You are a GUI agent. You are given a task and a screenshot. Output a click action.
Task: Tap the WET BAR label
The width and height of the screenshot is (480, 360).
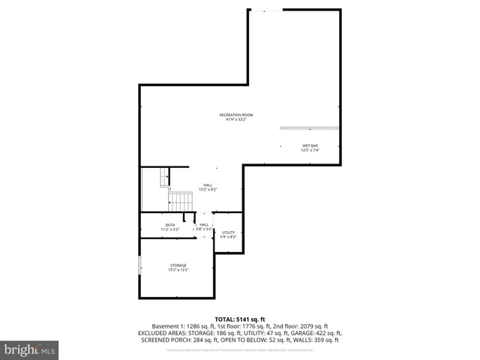click(310, 145)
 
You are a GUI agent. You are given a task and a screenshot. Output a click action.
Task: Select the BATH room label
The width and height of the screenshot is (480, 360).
click(170, 225)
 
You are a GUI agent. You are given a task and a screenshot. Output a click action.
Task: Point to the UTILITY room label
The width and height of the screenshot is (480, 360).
click(229, 232)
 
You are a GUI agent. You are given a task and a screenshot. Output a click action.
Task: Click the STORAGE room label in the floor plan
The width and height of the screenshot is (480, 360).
click(178, 265)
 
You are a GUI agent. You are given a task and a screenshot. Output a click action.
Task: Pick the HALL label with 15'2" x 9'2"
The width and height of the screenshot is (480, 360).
click(208, 184)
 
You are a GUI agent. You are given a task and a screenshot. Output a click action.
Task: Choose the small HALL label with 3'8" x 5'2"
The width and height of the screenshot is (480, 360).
click(204, 224)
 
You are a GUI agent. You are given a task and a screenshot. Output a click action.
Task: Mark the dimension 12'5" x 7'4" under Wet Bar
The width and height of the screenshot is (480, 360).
click(310, 150)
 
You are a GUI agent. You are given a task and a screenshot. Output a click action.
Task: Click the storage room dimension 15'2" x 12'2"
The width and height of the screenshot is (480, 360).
click(178, 269)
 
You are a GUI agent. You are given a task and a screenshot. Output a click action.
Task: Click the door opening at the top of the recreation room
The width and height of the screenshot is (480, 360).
click(267, 10)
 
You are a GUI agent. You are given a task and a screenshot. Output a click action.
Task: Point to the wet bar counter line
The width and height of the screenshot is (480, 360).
click(309, 128)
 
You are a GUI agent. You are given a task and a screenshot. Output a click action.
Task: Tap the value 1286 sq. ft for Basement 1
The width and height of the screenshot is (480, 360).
click(198, 326)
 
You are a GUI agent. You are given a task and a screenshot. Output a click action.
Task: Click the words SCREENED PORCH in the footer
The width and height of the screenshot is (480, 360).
click(160, 340)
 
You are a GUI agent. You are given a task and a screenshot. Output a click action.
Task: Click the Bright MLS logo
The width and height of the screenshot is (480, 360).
click(30, 349)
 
